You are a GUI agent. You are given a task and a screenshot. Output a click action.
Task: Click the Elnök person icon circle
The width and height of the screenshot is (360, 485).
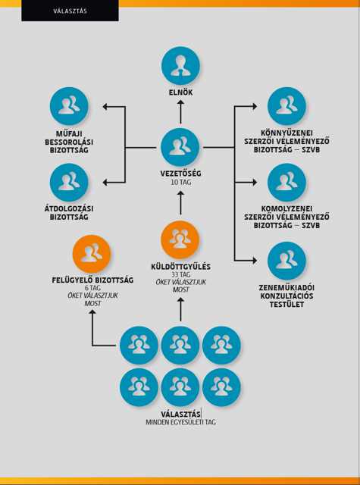[180, 66]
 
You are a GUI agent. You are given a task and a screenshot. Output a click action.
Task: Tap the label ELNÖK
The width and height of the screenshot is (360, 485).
[180, 92]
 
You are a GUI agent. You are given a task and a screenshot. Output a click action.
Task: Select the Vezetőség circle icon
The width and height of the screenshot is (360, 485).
[180, 147]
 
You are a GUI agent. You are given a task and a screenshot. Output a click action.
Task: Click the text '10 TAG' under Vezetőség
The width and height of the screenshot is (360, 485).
[181, 183]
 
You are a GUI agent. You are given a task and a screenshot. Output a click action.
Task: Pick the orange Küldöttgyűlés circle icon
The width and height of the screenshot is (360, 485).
[180, 239]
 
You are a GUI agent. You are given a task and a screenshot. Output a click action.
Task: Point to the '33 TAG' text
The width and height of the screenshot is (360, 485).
[181, 274]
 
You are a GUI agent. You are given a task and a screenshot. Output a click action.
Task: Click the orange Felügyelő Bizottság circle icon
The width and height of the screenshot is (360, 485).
[92, 254]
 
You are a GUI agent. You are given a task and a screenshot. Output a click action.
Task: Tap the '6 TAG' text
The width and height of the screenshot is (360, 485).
[92, 288]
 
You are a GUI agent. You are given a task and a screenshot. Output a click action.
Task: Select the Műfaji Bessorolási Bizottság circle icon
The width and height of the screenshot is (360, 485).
[69, 106]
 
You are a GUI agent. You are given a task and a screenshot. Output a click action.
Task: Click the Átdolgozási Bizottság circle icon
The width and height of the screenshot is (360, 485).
[69, 183]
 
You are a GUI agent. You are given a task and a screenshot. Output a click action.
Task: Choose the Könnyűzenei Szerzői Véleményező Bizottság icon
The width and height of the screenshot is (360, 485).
[286, 106]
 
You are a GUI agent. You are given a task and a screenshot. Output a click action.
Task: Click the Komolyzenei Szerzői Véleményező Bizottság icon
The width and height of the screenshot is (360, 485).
[286, 183]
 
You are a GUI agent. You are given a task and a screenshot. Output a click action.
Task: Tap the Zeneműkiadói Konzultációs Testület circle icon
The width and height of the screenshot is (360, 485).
[286, 261]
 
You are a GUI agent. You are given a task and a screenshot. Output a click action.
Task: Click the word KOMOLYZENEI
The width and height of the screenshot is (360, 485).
[286, 209]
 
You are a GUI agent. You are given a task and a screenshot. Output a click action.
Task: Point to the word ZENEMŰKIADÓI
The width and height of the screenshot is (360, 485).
[286, 288]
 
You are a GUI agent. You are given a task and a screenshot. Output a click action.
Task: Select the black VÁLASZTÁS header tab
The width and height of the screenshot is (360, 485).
[70, 11]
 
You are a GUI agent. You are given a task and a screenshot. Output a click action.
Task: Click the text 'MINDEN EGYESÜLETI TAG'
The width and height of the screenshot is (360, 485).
[181, 422]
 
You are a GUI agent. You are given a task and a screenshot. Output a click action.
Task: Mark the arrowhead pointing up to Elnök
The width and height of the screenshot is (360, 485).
[180, 103]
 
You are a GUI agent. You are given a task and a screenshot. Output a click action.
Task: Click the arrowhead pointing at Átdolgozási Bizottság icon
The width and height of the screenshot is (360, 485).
[105, 183]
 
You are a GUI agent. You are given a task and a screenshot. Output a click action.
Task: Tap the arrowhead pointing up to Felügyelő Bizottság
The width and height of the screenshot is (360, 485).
[92, 313]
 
